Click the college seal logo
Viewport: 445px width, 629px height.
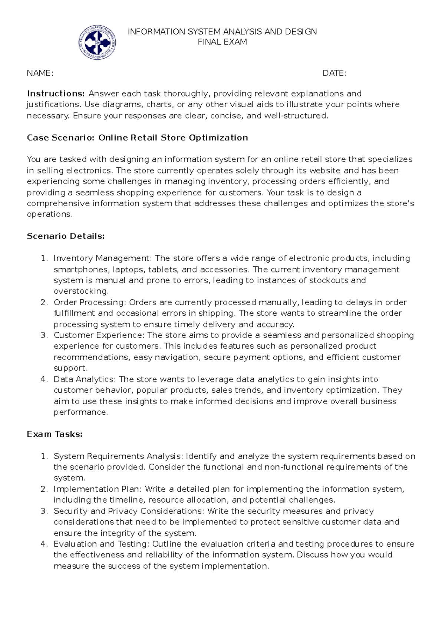coord(97,43)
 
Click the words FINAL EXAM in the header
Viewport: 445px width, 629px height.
coord(222,42)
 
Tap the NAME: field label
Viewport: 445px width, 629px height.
coord(40,73)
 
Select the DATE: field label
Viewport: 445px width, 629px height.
coord(334,73)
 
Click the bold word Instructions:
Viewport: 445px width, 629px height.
coord(56,94)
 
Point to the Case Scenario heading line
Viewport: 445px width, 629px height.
coord(137,138)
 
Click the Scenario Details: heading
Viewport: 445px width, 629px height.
coord(66,237)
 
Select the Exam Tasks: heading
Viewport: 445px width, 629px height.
coord(55,434)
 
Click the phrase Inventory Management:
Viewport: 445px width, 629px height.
coord(103,258)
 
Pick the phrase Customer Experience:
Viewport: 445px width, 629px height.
coord(99,335)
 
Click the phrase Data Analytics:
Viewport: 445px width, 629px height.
coord(85,379)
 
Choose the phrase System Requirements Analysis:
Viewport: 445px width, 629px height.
coord(118,456)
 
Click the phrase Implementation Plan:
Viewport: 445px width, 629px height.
coord(98,489)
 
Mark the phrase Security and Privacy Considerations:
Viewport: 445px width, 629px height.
coord(129,511)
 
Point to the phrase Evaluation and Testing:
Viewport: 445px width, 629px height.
coord(102,544)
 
